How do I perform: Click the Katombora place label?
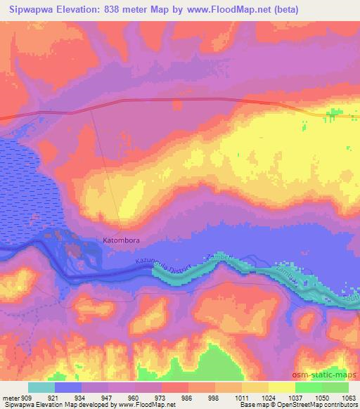click(121, 240)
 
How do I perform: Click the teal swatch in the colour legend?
click(41, 387)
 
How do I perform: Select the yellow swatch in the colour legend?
click(281, 387)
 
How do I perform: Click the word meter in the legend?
click(9, 398)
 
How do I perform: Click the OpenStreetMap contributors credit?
click(320, 405)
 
